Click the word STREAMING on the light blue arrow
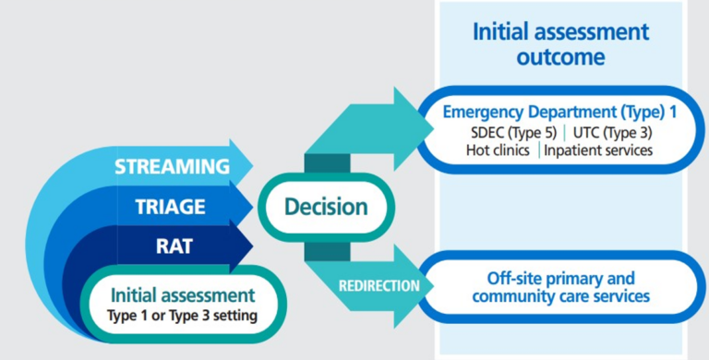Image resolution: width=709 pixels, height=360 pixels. click(x=172, y=167)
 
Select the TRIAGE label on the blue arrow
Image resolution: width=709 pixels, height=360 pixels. click(x=172, y=207)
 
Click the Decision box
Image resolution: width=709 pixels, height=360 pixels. click(x=324, y=207)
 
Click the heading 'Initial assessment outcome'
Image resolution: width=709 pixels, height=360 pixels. click(x=560, y=43)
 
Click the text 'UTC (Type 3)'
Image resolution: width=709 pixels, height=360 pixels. click(x=611, y=132)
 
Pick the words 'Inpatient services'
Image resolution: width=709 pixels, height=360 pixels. click(x=598, y=150)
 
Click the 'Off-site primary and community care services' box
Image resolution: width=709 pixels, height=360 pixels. click(x=560, y=287)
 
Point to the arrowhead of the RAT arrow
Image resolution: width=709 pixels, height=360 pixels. click(x=240, y=246)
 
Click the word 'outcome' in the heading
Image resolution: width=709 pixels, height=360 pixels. click(x=560, y=56)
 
